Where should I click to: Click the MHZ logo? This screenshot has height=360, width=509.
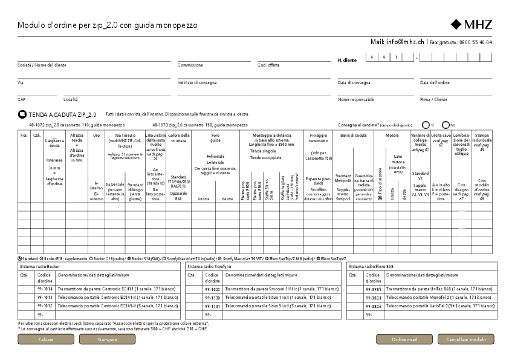pyautogui.click(x=472, y=25)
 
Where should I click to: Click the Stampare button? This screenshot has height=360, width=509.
pyautogui.click(x=107, y=339)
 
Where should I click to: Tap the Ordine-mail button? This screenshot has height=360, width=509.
pyautogui.click(x=404, y=339)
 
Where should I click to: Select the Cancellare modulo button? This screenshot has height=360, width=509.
pyautogui.click(x=465, y=339)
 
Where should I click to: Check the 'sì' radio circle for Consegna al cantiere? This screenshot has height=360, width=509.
pyautogui.click(x=426, y=124)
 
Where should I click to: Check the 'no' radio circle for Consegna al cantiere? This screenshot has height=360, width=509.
pyautogui.click(x=446, y=124)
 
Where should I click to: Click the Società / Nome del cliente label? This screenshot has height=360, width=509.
pyautogui.click(x=42, y=65)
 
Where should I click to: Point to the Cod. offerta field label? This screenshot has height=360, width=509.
pyautogui.click(x=268, y=65)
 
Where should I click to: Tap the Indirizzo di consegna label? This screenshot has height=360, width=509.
pyautogui.click(x=197, y=82)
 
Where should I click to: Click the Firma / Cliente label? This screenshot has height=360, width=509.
pyautogui.click(x=433, y=99)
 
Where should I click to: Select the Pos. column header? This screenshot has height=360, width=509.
pyautogui.click(x=24, y=135)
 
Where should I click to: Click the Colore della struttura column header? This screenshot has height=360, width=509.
pyautogui.click(x=178, y=137)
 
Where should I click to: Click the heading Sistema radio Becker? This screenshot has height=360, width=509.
pyautogui.click(x=38, y=266)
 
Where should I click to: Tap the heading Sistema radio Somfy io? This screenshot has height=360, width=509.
pyautogui.click(x=209, y=266)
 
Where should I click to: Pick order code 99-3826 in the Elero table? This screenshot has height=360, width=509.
pyautogui.click(x=373, y=306)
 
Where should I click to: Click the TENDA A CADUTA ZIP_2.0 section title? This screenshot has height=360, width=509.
pyautogui.click(x=62, y=114)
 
